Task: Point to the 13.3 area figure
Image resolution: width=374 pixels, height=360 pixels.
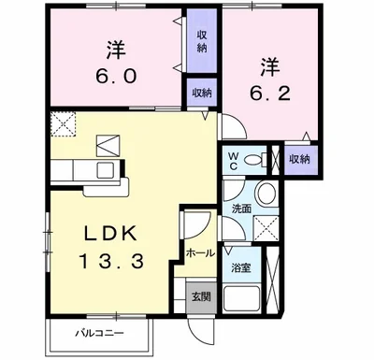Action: [110, 263]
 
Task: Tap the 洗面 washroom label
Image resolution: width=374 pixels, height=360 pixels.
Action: [240, 209]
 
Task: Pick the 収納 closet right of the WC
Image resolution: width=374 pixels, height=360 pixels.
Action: [299, 160]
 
